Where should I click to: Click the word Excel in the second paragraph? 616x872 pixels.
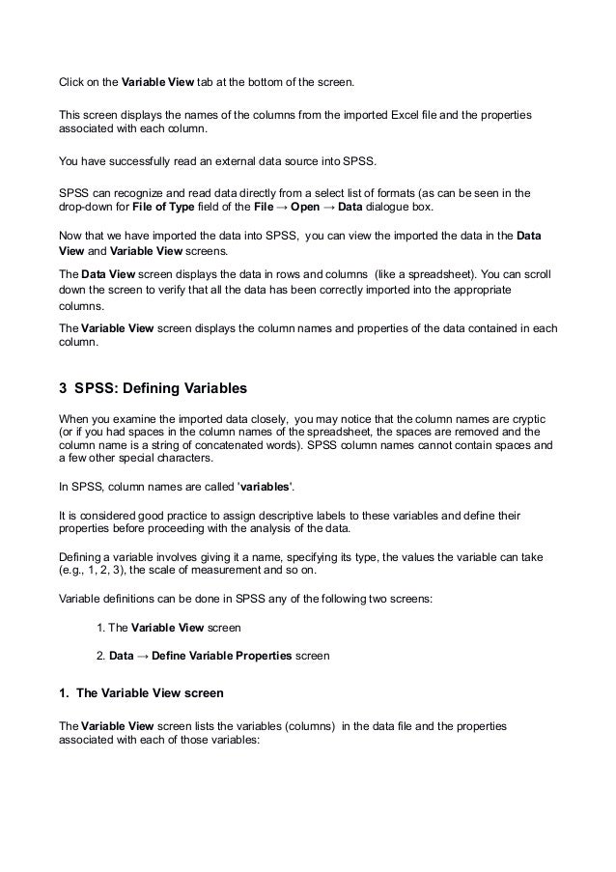(x=401, y=116)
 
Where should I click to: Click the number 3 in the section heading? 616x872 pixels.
(x=64, y=390)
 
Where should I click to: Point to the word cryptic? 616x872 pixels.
(x=527, y=418)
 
